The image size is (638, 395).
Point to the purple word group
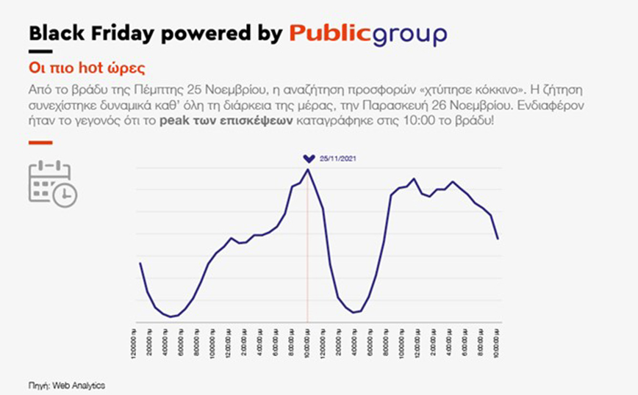click(x=410, y=35)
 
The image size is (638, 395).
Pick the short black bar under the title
click(x=40, y=51)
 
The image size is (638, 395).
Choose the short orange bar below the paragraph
click(x=40, y=143)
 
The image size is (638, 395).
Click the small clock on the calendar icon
click(x=66, y=195)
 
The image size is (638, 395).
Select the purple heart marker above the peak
click(x=309, y=158)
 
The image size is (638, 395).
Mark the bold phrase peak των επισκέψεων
click(x=242, y=123)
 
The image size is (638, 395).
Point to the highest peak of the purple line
click(x=308, y=170)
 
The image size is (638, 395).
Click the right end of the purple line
click(x=498, y=239)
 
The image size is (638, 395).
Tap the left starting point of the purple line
click(x=140, y=263)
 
